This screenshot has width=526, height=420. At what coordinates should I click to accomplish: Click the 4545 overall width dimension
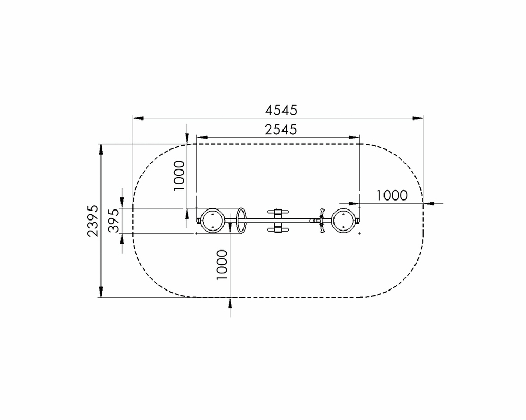[281, 110]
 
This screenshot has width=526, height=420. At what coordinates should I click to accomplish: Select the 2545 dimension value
[281, 129]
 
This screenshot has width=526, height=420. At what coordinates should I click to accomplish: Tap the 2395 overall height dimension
[93, 221]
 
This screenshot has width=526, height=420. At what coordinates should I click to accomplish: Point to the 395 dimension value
[114, 221]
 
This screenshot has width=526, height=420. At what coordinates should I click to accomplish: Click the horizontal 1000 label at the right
[391, 195]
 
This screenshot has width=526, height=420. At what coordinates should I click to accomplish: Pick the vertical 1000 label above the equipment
[179, 175]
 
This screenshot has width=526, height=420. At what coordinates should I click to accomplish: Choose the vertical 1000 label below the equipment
[222, 265]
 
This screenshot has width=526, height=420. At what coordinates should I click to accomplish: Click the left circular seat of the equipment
[213, 221]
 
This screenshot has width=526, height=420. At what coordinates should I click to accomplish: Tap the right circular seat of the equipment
[343, 221]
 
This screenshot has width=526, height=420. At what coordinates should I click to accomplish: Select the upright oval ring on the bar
[241, 221]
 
